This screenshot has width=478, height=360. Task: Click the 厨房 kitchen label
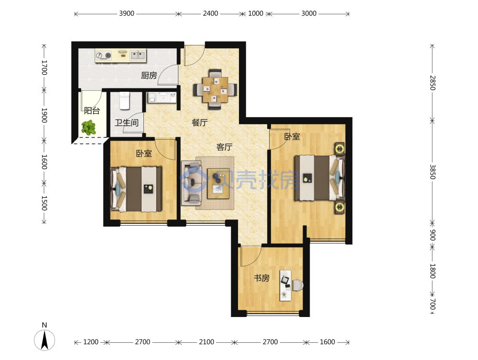coord(149,75)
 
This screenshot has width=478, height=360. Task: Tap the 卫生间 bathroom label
coord(127,122)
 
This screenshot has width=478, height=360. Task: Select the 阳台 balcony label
coord(92,110)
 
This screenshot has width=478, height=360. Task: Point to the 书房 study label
coord(261,278)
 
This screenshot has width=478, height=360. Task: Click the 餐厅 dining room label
coord(200,122)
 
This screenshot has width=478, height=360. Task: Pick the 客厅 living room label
coord(224,147)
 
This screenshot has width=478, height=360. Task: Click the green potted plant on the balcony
coord(88,128)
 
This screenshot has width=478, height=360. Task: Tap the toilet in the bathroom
coord(124,100)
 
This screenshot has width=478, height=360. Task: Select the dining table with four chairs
coord(215,89)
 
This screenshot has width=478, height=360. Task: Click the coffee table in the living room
coord(218,184)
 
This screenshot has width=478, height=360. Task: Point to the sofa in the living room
coord(192,183)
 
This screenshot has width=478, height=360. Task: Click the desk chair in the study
coord(297,285)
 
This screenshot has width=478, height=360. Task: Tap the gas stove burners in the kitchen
coord(104,55)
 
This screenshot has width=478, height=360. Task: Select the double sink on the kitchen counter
coord(138,55)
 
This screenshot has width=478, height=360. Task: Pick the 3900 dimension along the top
coord(127,13)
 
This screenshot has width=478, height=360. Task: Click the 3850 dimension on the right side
coord(433,172)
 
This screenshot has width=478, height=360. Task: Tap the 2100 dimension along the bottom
coord(206,342)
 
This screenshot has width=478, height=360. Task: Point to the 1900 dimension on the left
coord(44,115)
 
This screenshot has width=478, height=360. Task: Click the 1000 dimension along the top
coord(255,13)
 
